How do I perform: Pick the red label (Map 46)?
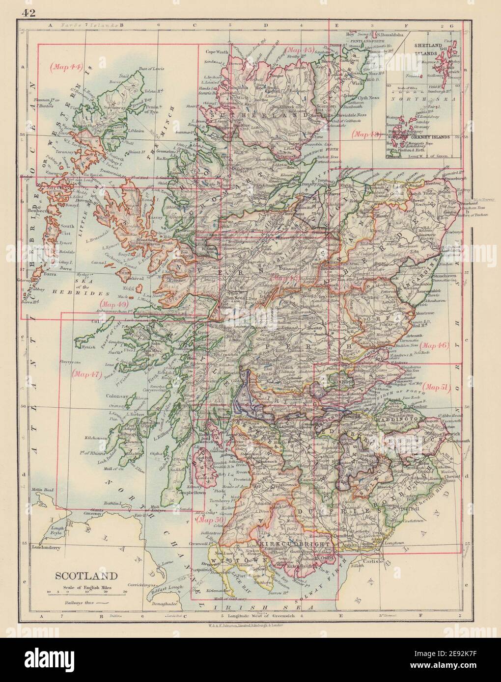tap(436, 345)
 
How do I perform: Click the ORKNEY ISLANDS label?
tap(424, 137)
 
